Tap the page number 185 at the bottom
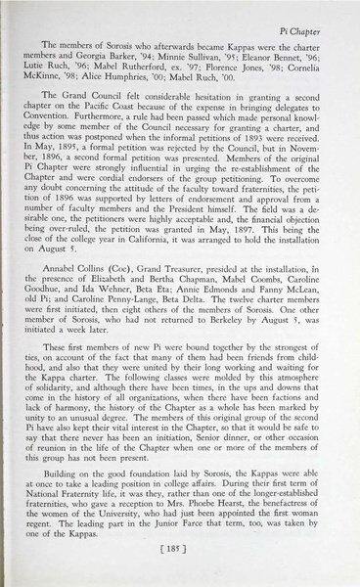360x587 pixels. click(181, 564)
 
